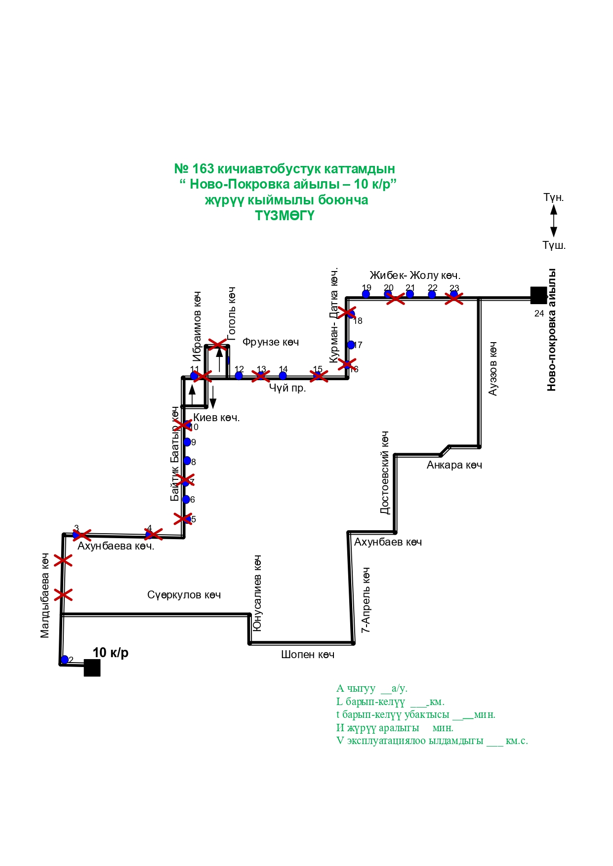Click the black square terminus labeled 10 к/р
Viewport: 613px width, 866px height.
pos(92,668)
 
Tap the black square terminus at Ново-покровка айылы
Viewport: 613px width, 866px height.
pos(538,295)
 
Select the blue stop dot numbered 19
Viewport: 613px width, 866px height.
pos(366,294)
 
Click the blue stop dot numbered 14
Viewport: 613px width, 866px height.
pos(283,376)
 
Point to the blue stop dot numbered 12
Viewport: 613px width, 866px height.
pos(239,376)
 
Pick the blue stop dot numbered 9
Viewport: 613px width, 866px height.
pos(187,442)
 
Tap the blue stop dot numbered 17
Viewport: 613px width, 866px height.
pos(351,345)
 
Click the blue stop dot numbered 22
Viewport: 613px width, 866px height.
pos(432,295)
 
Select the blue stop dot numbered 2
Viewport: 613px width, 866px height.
pos(65,660)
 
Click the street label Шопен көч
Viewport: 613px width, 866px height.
pos(308,655)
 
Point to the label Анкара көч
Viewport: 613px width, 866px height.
pos(454,465)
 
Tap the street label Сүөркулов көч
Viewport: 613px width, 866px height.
pos(184,595)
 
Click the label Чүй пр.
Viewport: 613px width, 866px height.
pos(287,388)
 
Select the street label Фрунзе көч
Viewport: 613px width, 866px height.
pos(271,342)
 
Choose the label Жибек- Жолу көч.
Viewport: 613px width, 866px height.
pos(415,276)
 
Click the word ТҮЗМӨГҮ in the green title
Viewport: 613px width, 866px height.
pos(285,216)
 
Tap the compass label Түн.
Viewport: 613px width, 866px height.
pos(553,197)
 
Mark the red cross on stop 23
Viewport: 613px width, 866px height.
pos(454,298)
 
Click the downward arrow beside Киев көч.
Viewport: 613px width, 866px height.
pos(213,397)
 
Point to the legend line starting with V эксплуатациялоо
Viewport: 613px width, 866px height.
pos(432,741)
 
